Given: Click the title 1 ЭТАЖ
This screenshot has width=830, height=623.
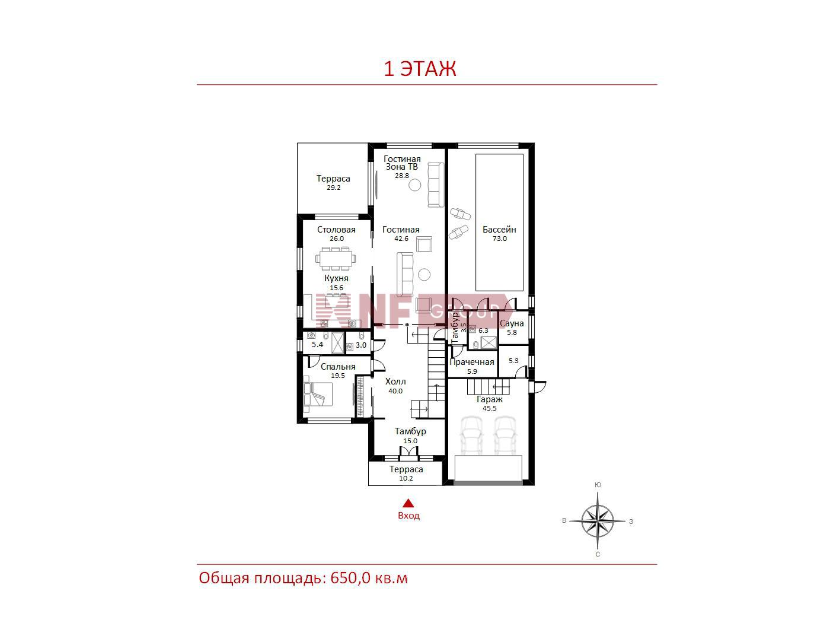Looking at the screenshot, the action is point(420,69).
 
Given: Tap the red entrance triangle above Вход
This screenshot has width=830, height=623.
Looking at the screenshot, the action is point(408,503).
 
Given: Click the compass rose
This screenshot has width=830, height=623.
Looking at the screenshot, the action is point(598,522).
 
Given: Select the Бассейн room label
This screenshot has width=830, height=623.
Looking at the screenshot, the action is point(499,230).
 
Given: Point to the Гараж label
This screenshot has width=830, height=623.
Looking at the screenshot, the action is point(489,399).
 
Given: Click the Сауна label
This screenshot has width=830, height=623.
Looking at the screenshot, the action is point(512,323).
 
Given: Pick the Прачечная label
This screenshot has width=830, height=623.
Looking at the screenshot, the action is point(471,362).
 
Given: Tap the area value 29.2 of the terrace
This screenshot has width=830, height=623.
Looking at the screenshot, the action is point(334,187).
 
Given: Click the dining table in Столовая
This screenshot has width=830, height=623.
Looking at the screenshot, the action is point(336,259).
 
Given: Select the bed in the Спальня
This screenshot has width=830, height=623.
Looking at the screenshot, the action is point(318,394).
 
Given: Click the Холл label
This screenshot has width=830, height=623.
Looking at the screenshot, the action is point(395,382).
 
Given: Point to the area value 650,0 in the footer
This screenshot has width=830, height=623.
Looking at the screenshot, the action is point(350,578).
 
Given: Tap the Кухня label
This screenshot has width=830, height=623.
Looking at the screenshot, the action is point(336,278).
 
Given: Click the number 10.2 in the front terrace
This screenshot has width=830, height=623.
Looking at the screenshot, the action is point(406,478).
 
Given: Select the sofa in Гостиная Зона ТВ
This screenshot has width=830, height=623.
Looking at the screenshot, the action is point(436,185).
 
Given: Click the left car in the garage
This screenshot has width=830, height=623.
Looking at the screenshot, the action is point(471,435).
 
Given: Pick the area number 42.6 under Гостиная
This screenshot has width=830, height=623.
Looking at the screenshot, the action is point(401,239).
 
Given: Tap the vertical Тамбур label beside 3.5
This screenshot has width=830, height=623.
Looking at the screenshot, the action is point(455,328).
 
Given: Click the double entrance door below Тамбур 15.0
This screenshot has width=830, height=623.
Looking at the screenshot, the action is point(408,452).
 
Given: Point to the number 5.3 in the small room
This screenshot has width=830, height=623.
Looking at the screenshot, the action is point(513,361).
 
